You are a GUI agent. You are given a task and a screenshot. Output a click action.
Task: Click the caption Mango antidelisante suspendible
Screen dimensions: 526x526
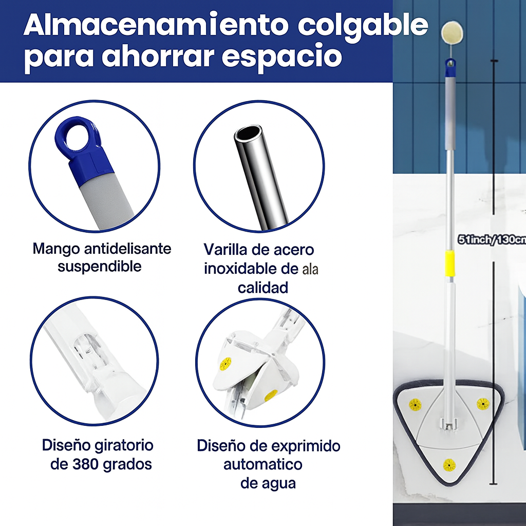[101, 257]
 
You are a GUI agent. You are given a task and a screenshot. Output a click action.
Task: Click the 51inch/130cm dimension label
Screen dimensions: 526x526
[491, 239]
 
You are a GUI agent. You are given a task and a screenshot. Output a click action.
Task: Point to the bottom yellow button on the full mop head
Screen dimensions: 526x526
[449, 465]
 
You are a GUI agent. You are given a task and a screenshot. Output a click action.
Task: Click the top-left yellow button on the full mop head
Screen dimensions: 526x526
[415, 404]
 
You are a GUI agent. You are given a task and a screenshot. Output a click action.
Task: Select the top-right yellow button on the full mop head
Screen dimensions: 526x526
[483, 404]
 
